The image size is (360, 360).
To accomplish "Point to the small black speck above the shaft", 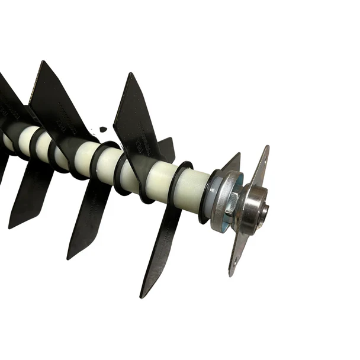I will click(103, 128).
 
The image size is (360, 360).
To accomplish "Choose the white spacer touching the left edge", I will click(8, 142).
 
